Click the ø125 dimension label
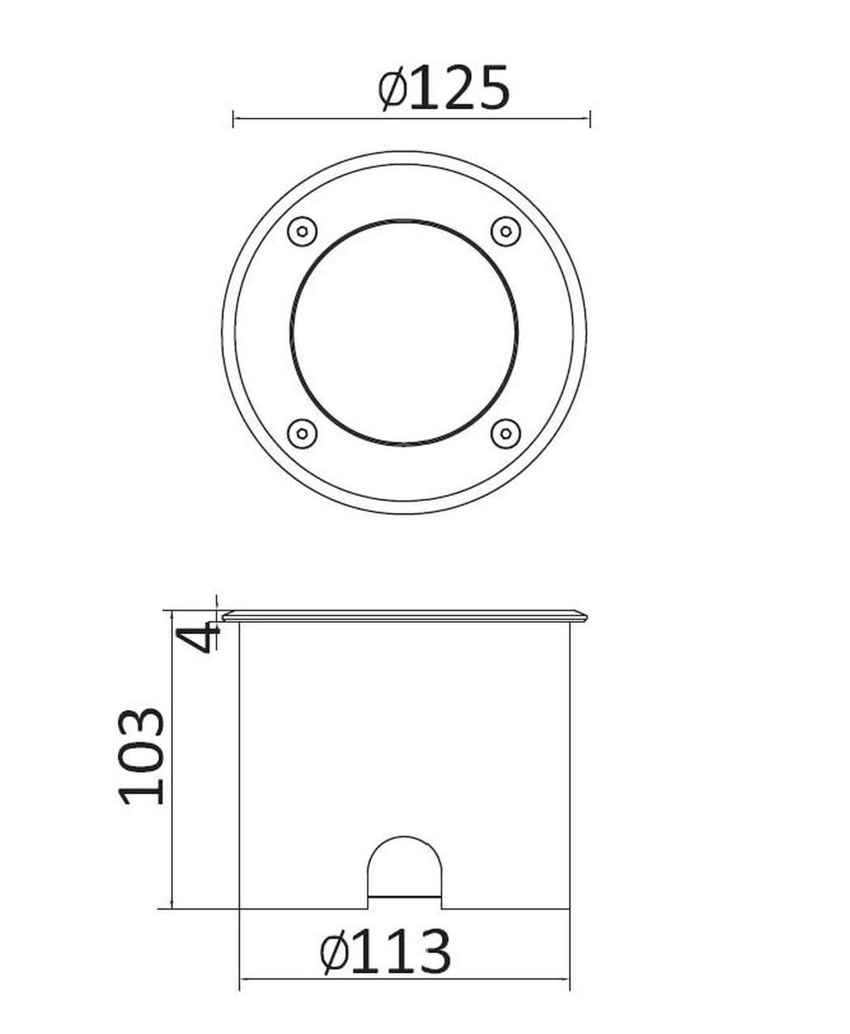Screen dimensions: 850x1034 click(x=444, y=86)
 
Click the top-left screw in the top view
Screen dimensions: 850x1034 click(x=301, y=231)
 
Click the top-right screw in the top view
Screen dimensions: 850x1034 click(x=505, y=231)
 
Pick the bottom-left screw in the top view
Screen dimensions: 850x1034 click(x=301, y=434)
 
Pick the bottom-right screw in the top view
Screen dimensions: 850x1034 click(x=505, y=434)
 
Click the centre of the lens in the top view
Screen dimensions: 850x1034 click(x=404, y=332)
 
